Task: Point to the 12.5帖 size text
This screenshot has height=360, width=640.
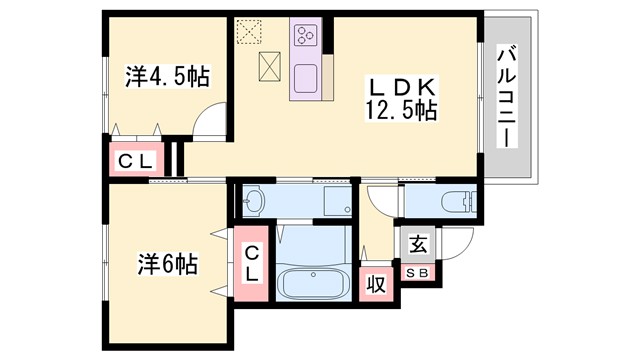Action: coord(400,110)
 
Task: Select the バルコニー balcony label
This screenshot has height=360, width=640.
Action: coord(506,95)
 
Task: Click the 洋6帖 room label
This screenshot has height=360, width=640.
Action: coord(167,265)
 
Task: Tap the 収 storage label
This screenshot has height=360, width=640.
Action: coord(376,284)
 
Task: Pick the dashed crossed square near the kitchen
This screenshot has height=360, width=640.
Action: coord(247,33)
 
